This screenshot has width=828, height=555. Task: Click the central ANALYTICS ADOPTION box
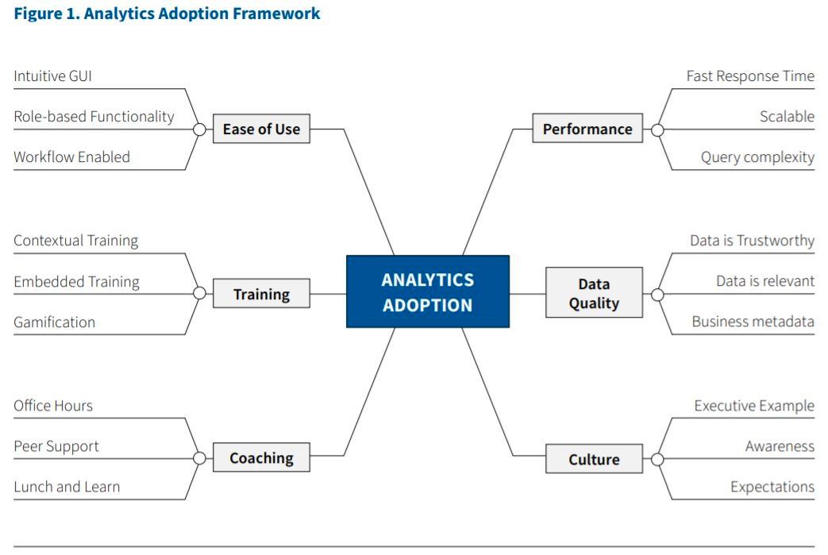tap(428, 291)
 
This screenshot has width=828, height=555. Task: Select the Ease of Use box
tap(261, 129)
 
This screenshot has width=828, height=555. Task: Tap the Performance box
tap(587, 128)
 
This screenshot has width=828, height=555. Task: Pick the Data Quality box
tap(594, 292)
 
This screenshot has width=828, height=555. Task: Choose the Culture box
tap(594, 459)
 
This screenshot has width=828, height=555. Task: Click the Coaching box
tap(261, 457)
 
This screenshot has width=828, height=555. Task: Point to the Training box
tap(261, 294)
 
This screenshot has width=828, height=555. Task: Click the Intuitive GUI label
tap(53, 76)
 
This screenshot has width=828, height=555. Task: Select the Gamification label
tap(55, 322)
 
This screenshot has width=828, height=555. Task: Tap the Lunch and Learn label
tap(67, 487)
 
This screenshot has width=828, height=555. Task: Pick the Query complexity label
tap(758, 157)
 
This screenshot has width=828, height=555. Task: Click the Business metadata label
tap(753, 322)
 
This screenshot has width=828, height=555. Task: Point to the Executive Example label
tap(755, 406)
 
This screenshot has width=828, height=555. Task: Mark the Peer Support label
tap(56, 446)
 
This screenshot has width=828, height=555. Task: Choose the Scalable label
tap(788, 116)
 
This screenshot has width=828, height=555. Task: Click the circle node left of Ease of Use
tap(199, 129)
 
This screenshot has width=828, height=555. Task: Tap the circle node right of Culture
tap(657, 460)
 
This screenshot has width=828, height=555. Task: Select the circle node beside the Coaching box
tap(199, 458)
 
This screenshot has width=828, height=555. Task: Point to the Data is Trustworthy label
tap(753, 241)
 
